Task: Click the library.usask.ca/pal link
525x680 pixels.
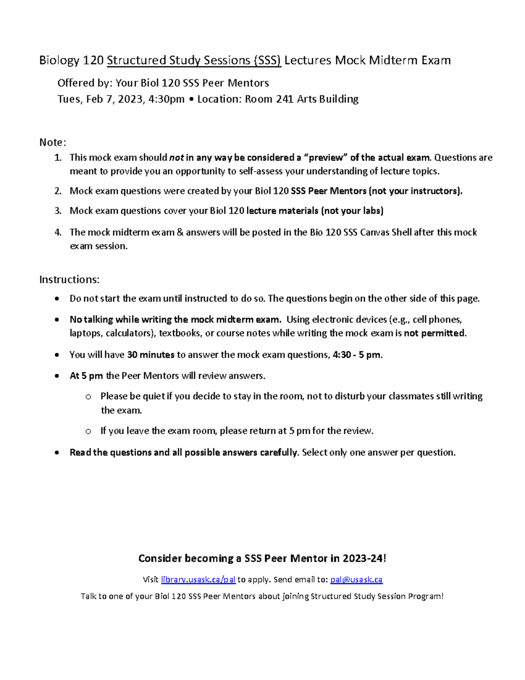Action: pos(198,579)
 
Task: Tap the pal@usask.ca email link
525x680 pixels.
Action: pos(356,579)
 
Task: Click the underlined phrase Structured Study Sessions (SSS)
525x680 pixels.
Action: pos(194,60)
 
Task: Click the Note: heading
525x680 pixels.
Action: pos(52,142)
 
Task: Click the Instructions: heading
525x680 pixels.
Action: pos(69,279)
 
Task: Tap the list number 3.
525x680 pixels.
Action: pos(58,211)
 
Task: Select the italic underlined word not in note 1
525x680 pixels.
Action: pos(176,157)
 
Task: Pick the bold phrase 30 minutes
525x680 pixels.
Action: pos(151,355)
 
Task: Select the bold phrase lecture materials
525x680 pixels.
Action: pos(283,211)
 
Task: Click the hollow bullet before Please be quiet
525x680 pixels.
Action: pos(88,397)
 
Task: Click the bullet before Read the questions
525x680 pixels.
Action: pos(57,453)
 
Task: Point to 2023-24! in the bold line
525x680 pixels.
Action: pos(364,558)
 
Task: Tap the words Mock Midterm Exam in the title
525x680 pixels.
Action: pos(393,60)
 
